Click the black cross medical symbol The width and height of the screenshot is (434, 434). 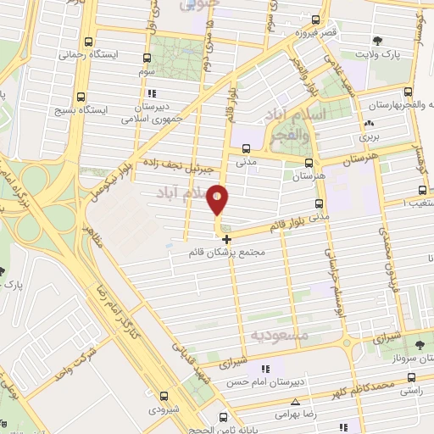pos(225,239)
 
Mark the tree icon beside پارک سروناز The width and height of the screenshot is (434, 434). pos(420,343)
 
